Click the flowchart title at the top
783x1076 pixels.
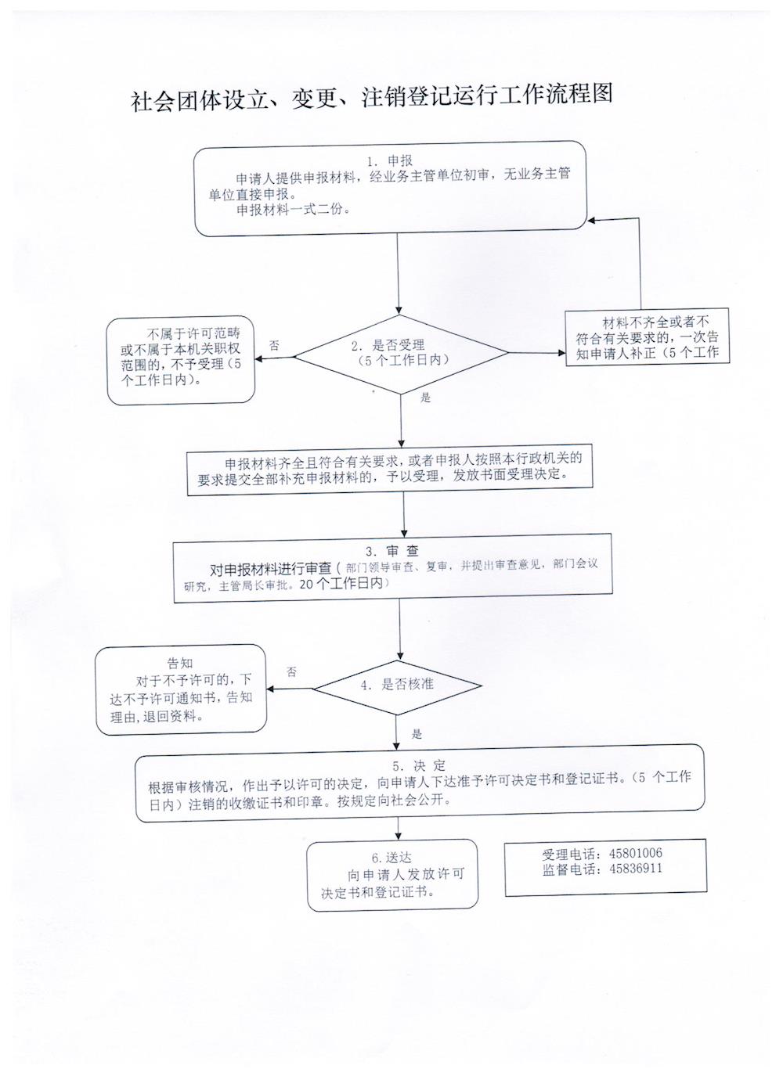[x=372, y=98]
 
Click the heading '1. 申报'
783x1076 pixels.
[x=389, y=161]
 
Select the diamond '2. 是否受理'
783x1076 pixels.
[x=401, y=354]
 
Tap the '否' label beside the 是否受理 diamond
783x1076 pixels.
[x=275, y=345]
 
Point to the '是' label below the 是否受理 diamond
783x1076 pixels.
[x=425, y=398]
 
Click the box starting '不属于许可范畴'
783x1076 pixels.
[x=181, y=360]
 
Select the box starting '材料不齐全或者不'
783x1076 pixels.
[x=647, y=336]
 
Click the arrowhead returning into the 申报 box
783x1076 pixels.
[x=592, y=221]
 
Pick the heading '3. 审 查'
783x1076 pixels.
[x=391, y=551]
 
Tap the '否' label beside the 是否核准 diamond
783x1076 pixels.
[x=291, y=672]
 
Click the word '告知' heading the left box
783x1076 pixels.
[x=180, y=664]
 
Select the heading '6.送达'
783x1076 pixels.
[x=391, y=858]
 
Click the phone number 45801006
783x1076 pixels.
[x=636, y=853]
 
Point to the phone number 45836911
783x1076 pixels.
[x=636, y=869]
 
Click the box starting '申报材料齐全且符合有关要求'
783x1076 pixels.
[x=390, y=470]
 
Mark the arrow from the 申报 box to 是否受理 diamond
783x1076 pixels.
[x=398, y=273]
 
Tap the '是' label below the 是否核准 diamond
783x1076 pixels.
[x=417, y=734]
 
